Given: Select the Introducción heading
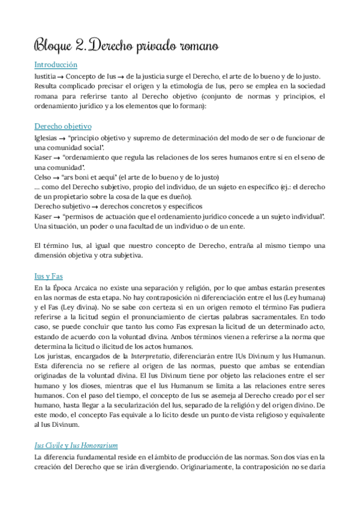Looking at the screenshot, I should point(56,64).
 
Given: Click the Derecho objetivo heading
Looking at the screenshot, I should point(63,127).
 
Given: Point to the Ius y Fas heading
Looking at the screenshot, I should point(49,276).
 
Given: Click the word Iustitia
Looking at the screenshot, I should point(46,76).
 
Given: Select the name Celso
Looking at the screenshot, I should point(44,177).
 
